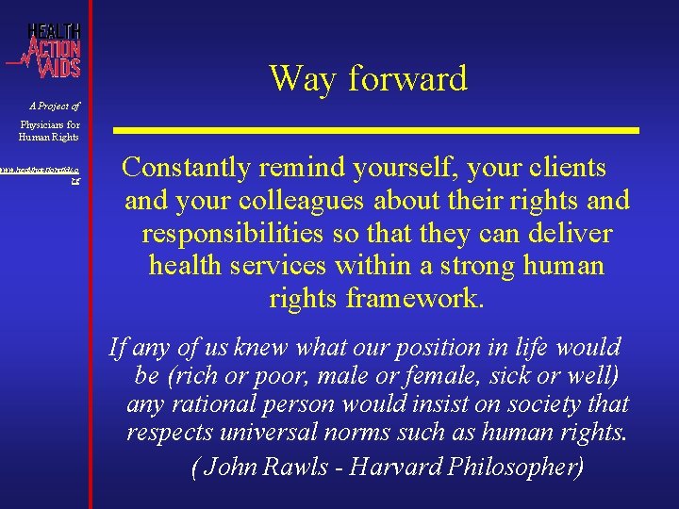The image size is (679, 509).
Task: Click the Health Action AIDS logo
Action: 47,48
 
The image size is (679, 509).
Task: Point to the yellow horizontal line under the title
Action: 377,128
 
